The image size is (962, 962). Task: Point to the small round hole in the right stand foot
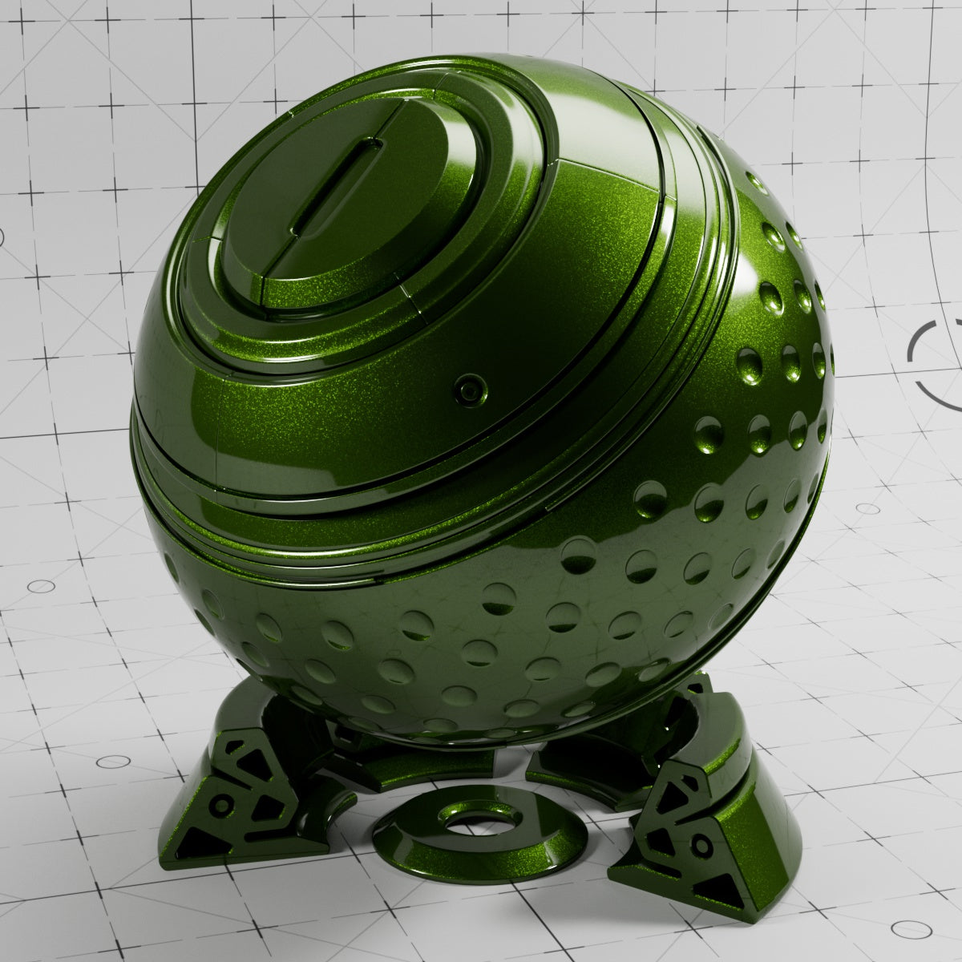click(703, 845)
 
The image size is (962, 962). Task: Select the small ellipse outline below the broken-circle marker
click(867, 508)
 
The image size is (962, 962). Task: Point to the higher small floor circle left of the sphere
click(41, 586)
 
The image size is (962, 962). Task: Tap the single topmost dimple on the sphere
click(754, 180)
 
